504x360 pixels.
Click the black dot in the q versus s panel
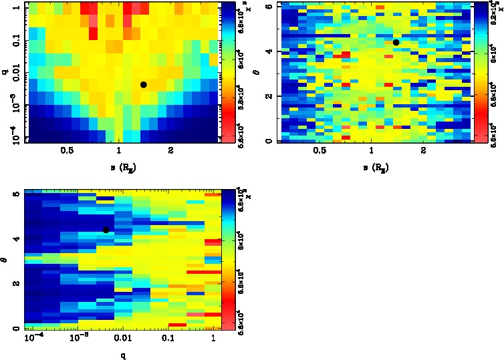[x=143, y=85]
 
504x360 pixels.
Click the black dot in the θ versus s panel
[x=396, y=42]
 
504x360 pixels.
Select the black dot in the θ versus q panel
[x=106, y=230]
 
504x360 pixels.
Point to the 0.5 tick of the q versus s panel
[x=66, y=151]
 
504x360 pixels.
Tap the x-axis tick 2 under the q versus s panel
[x=172, y=151]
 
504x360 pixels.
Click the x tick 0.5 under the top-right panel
[x=320, y=151]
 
